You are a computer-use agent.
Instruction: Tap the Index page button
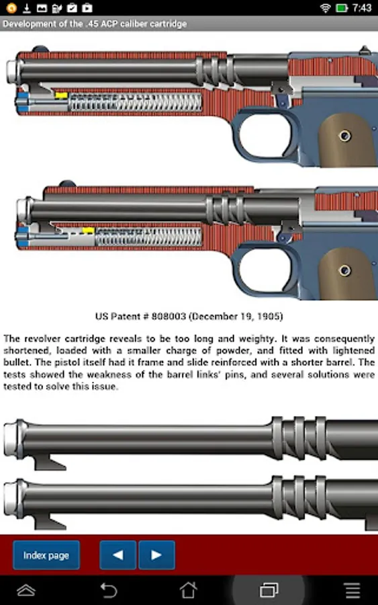pyautogui.click(x=46, y=555)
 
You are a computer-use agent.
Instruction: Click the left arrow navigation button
pyautogui.click(x=118, y=555)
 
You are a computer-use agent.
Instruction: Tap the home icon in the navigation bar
pyautogui.click(x=189, y=590)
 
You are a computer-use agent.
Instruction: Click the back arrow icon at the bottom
pyautogui.click(x=108, y=590)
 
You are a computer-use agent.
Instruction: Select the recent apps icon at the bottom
pyautogui.click(x=269, y=590)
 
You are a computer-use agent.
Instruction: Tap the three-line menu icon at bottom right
pyautogui.click(x=352, y=590)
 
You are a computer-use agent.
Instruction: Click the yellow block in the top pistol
pyautogui.click(x=61, y=95)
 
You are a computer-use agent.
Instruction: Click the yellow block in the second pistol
pyautogui.click(x=88, y=231)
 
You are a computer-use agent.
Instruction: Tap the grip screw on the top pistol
pyautogui.click(x=344, y=136)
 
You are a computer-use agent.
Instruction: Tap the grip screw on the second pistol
pyautogui.click(x=344, y=270)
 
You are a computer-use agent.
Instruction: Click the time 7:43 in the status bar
pyautogui.click(x=362, y=7)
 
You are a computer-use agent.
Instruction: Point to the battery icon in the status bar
pyautogui.click(x=342, y=7)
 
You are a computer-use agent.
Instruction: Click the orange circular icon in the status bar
pyautogui.click(x=11, y=7)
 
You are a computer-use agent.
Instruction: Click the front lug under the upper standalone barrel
pyautogui.click(x=50, y=462)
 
